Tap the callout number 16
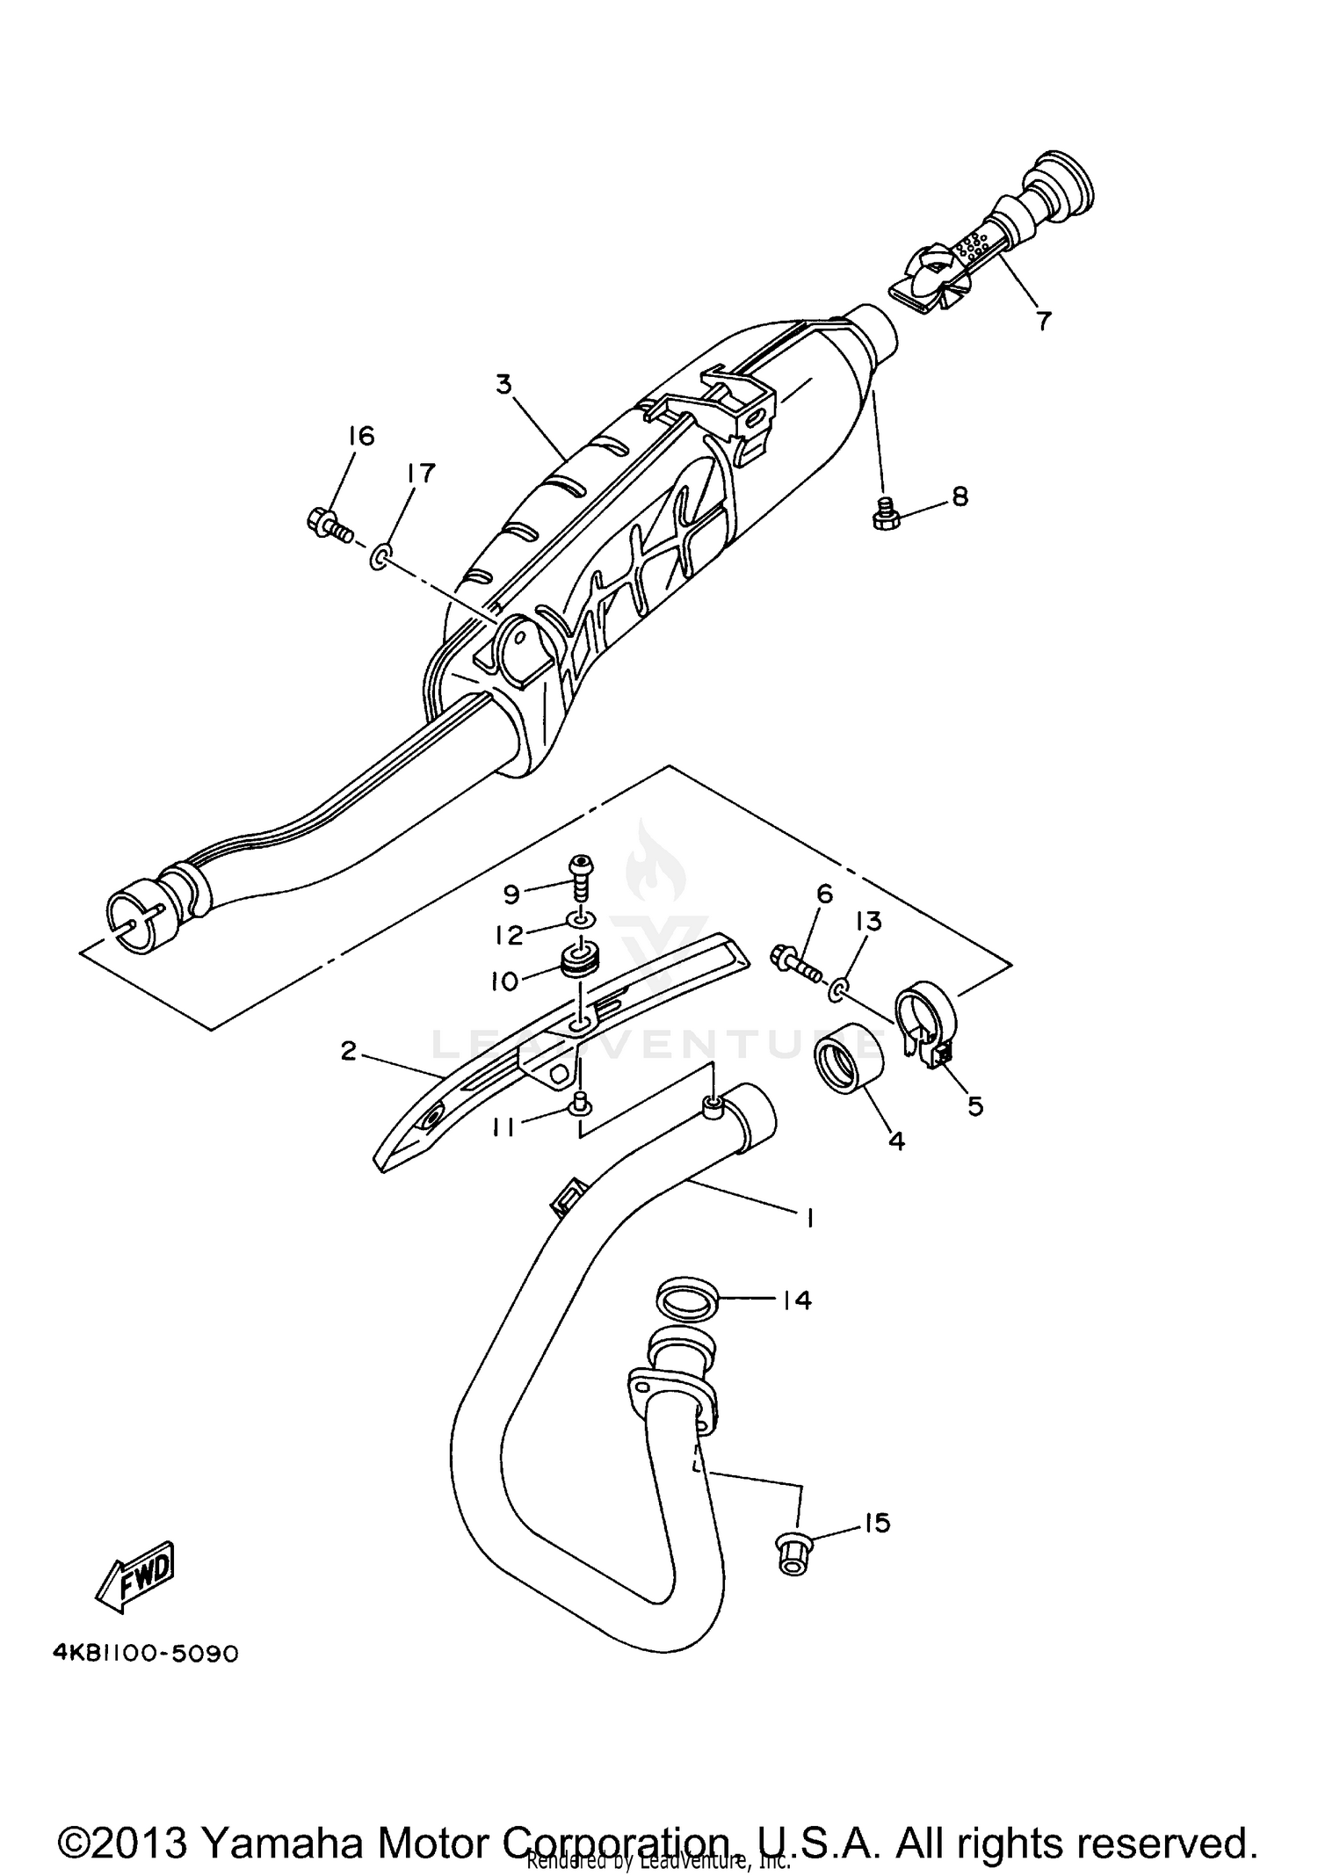tap(360, 436)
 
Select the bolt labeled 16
tap(329, 525)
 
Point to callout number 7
tap(1042, 321)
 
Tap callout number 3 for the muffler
tap(503, 385)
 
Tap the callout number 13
tap(868, 922)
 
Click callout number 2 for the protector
tap(349, 1050)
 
